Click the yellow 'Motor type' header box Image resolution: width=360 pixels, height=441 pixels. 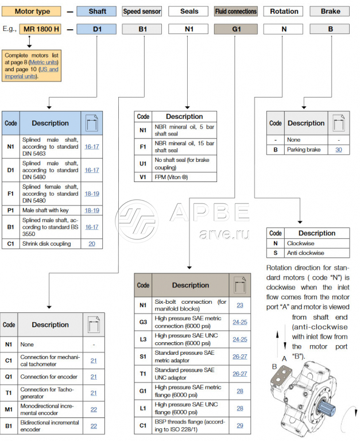tap(32, 11)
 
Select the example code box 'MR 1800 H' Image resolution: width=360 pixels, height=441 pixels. tap(40, 29)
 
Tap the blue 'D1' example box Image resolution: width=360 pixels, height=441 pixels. tap(96, 29)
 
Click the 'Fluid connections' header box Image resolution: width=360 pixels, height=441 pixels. tap(235, 11)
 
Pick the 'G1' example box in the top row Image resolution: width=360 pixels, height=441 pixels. tap(235, 29)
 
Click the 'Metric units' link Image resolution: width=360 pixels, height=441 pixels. tap(44, 62)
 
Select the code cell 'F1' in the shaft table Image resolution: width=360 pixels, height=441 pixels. tap(11, 194)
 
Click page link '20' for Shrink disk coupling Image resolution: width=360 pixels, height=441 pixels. tap(92, 244)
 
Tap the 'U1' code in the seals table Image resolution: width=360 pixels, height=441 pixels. tap(143, 164)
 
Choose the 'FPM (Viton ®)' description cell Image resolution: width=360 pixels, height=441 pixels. tap(184, 177)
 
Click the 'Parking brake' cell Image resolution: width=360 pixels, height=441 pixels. tap(306, 150)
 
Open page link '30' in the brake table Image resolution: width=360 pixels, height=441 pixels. tap(339, 150)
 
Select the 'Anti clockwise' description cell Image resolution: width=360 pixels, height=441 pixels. tap(317, 253)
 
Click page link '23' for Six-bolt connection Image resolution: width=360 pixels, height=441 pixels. tap(240, 305)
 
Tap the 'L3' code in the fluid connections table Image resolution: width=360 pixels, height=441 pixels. tap(143, 339)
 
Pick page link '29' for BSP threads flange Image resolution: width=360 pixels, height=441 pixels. tap(240, 425)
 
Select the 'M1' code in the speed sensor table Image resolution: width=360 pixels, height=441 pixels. tap(9, 409)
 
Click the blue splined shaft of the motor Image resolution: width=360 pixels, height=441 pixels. tap(327, 408)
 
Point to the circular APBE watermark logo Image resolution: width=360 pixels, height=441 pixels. tap(137, 221)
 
